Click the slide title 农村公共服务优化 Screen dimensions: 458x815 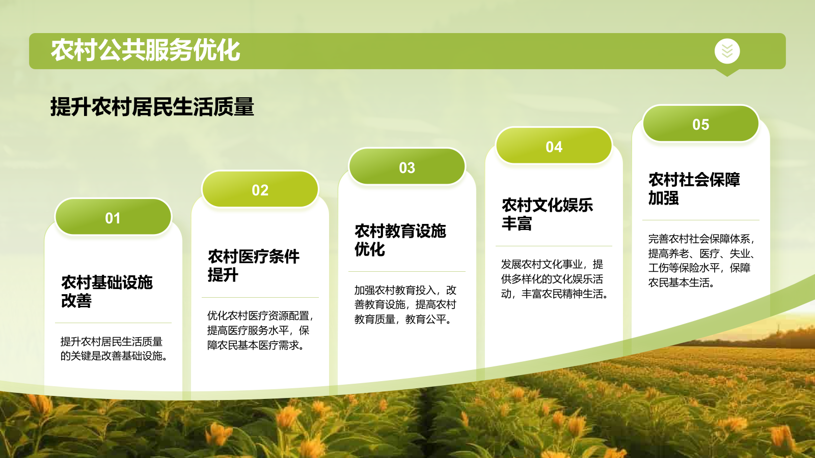145,50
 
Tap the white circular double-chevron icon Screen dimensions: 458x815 727,51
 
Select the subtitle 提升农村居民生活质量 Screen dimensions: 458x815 152,107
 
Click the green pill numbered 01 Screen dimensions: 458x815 113,218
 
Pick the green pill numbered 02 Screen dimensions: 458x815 260,190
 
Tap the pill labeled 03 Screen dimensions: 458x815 406,167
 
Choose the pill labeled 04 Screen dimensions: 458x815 554,147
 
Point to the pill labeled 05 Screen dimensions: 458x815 700,124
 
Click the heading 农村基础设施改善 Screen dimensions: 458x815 106,291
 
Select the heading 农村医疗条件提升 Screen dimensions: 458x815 253,265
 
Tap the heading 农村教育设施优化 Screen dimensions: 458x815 400,240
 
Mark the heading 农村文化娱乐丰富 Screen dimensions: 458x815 547,214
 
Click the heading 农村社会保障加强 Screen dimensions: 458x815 694,188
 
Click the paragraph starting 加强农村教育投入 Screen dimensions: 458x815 405,304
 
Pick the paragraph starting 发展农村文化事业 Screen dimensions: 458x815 554,279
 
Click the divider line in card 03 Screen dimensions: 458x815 406,271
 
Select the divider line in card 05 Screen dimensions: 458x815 700,220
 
